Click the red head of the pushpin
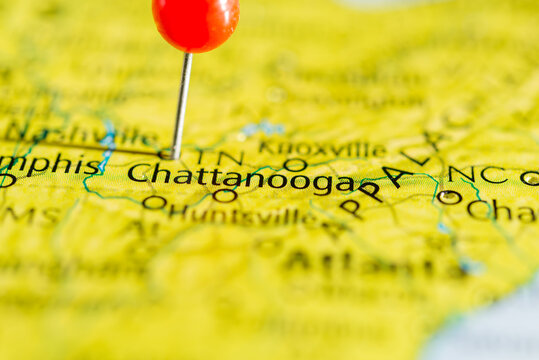pyautogui.click(x=195, y=22)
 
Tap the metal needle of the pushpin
pyautogui.click(x=182, y=100)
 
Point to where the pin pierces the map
pyautogui.click(x=175, y=154)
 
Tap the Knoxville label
pyautogui.click(x=321, y=149)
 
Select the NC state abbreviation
pyautogui.click(x=478, y=175)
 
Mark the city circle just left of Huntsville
pyautogui.click(x=154, y=203)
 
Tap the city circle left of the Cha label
pyautogui.click(x=449, y=197)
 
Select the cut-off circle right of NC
pyautogui.click(x=530, y=178)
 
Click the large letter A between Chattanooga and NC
pyautogui.click(x=397, y=177)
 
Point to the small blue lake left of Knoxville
pyautogui.click(x=263, y=128)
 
